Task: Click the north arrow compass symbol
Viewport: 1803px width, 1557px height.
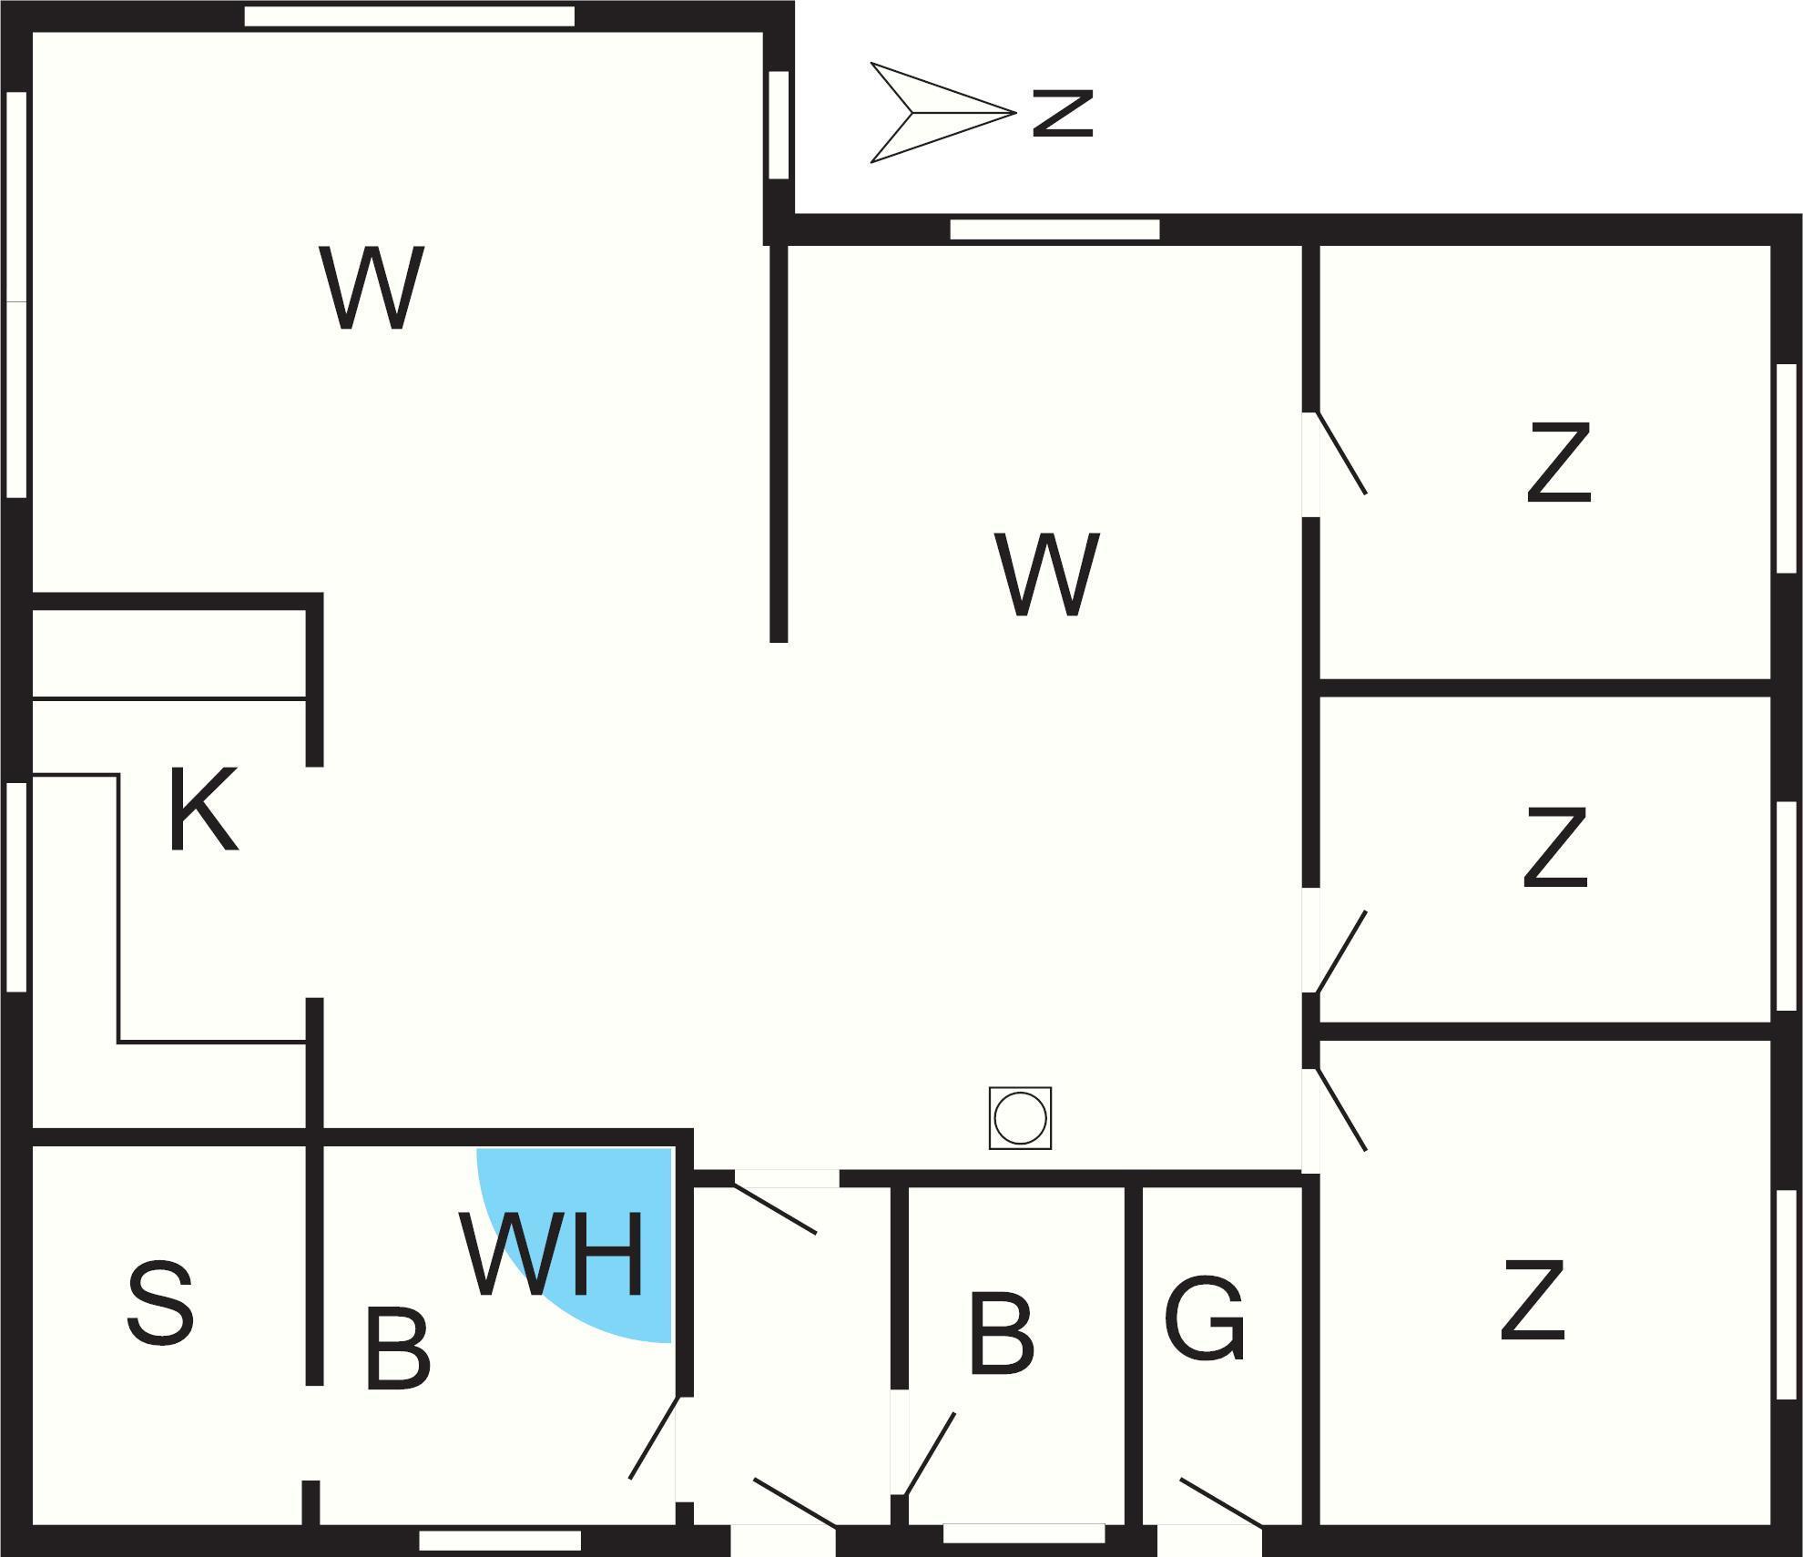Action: (x=938, y=113)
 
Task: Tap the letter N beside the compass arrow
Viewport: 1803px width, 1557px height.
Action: (x=1062, y=113)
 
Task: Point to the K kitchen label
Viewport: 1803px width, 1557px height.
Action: (x=202, y=809)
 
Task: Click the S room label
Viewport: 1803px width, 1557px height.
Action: (x=160, y=1304)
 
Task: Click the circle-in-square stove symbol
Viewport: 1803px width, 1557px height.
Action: (x=1020, y=1117)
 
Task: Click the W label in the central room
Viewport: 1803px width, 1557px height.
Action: (x=1047, y=575)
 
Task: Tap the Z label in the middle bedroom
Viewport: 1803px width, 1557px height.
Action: (x=1554, y=848)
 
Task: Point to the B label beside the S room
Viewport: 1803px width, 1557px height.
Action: (x=397, y=1348)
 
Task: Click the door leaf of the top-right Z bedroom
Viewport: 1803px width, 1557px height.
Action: (x=1340, y=454)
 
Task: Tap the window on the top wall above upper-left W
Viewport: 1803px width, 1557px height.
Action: (x=410, y=16)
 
